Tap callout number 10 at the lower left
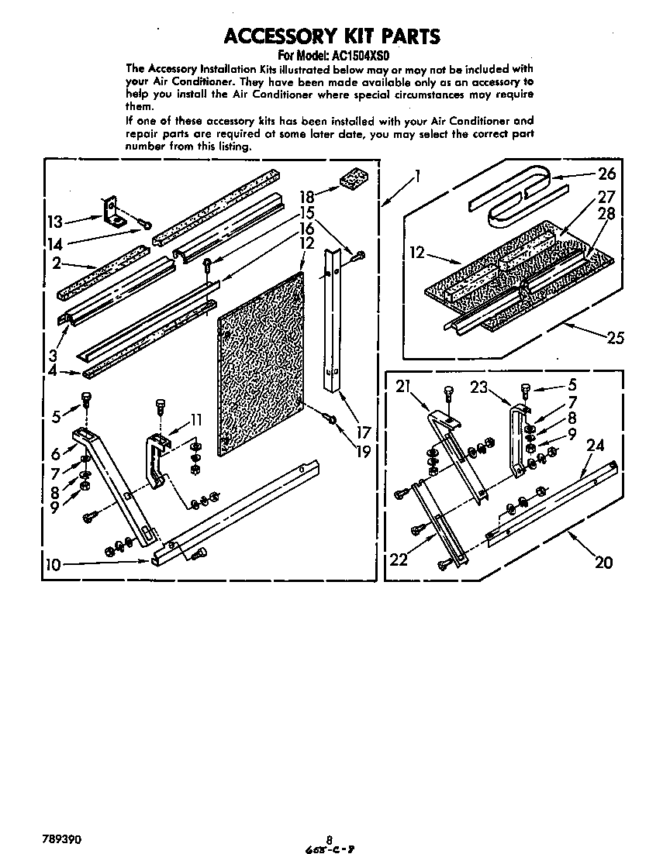(x=52, y=564)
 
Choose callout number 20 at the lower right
(x=603, y=562)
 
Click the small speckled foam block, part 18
(x=352, y=181)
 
